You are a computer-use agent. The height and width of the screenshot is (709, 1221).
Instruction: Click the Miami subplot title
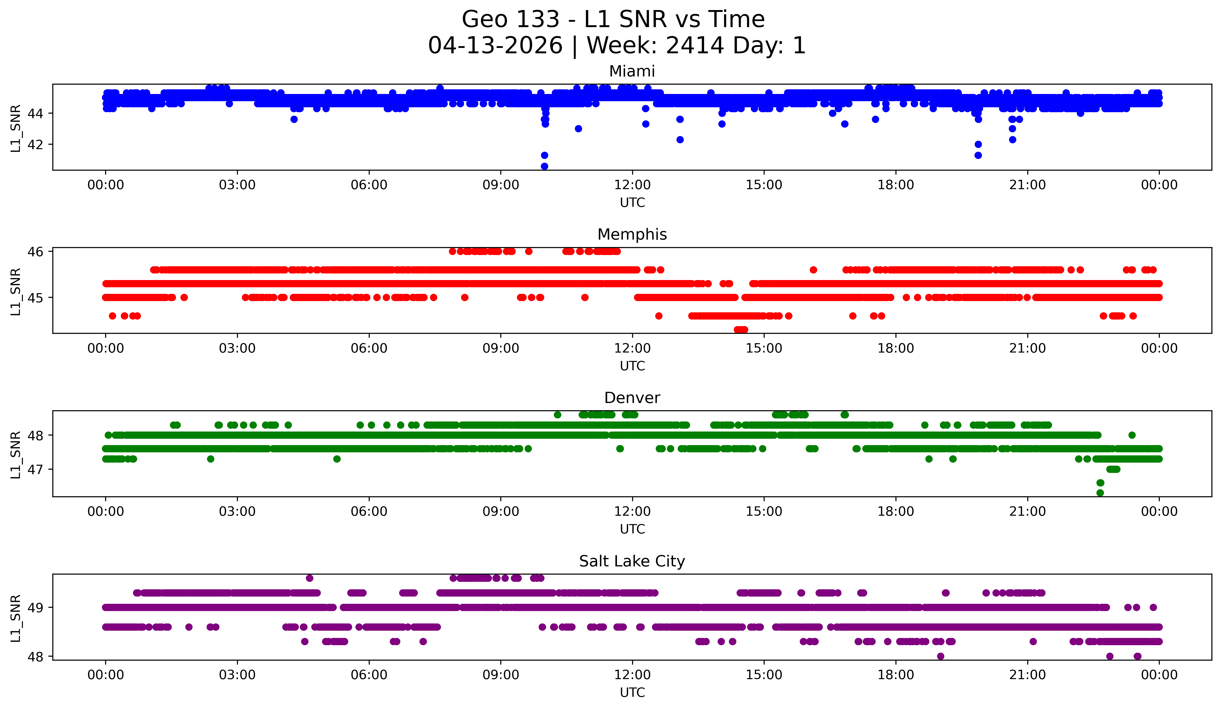click(632, 71)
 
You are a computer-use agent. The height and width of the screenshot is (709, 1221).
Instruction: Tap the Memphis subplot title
click(632, 234)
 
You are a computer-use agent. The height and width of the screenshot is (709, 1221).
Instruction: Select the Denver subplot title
click(632, 398)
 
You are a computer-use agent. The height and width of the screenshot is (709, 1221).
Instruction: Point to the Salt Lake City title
click(632, 561)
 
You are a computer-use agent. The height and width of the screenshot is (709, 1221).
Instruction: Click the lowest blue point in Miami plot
click(544, 166)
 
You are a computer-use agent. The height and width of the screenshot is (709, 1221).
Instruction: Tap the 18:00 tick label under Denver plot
click(895, 512)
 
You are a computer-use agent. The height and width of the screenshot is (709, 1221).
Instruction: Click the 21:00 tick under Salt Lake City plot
click(1027, 675)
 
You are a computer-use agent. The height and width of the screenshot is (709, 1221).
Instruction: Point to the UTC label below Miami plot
click(632, 203)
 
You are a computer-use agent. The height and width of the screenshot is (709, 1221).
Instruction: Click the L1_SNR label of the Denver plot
click(15, 454)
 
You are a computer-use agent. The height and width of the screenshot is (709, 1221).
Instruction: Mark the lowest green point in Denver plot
click(1100, 493)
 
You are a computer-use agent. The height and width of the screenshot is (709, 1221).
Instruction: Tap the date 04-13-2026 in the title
click(495, 46)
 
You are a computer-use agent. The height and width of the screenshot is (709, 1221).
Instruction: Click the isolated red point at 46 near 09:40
click(529, 252)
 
